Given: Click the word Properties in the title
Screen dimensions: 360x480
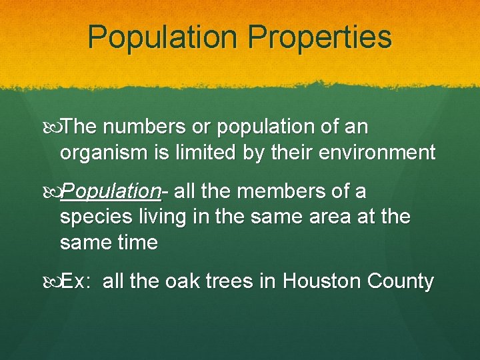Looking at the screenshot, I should point(319,37).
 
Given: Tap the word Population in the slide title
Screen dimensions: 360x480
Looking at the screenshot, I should point(162,37).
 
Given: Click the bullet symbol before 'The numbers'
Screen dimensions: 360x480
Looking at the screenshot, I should point(54,127).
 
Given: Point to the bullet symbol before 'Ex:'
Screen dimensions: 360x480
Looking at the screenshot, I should point(54,281).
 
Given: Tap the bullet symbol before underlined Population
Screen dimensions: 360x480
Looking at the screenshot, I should point(54,192).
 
